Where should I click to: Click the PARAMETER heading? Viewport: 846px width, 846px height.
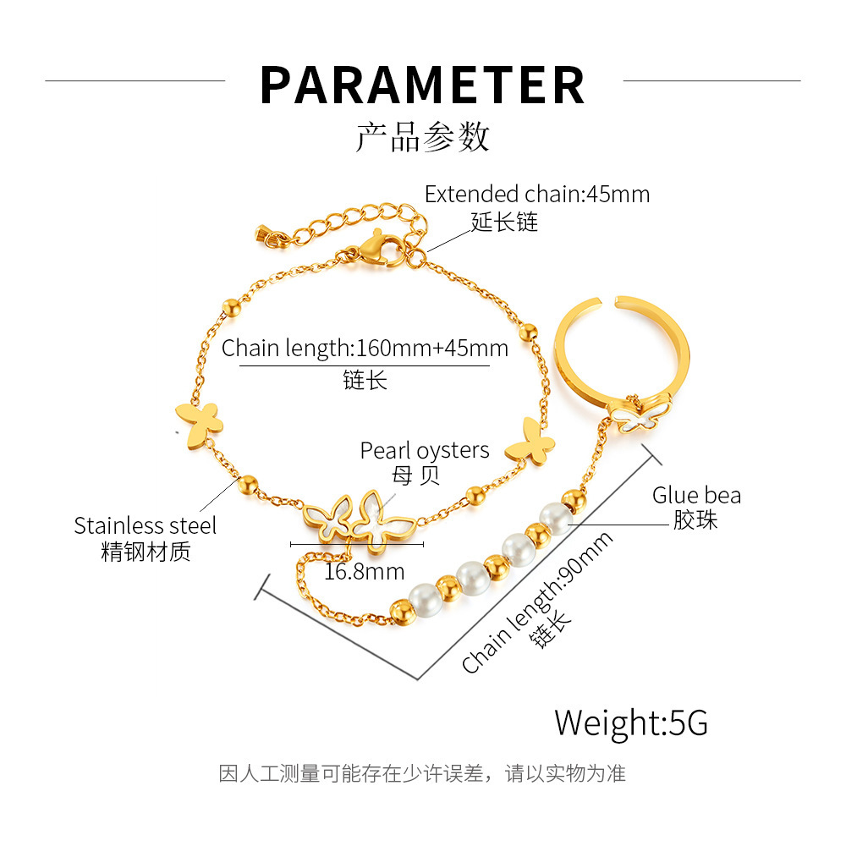(x=422, y=84)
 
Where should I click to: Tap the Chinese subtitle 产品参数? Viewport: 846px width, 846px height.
(x=422, y=136)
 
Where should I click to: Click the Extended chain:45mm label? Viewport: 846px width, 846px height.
(x=537, y=194)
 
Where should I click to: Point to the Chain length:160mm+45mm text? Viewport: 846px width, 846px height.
(x=365, y=348)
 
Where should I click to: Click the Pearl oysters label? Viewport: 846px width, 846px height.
(x=425, y=450)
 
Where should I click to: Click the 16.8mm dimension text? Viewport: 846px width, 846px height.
(x=364, y=572)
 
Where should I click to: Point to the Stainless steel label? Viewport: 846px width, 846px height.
(x=145, y=525)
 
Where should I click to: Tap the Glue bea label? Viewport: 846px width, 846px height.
(x=696, y=495)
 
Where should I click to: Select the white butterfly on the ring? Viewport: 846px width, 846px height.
(x=635, y=415)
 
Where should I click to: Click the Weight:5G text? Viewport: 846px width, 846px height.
(x=631, y=723)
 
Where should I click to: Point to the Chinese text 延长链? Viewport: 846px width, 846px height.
(x=504, y=222)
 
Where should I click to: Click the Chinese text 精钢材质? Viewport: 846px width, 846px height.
(x=146, y=552)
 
